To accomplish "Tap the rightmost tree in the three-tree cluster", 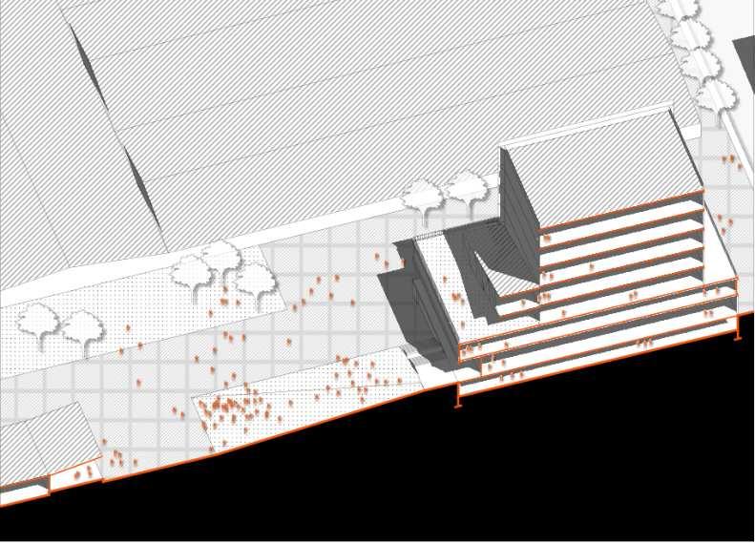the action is pos(255,281).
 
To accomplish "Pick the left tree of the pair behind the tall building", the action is pos(421,196).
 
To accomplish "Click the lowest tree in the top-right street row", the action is pos(715,96).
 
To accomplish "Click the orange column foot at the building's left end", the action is pos(459,401).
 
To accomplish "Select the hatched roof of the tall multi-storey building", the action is pos(601,157).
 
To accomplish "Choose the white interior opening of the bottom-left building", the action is pos(24,491).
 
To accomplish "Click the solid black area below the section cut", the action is pos(525,468).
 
